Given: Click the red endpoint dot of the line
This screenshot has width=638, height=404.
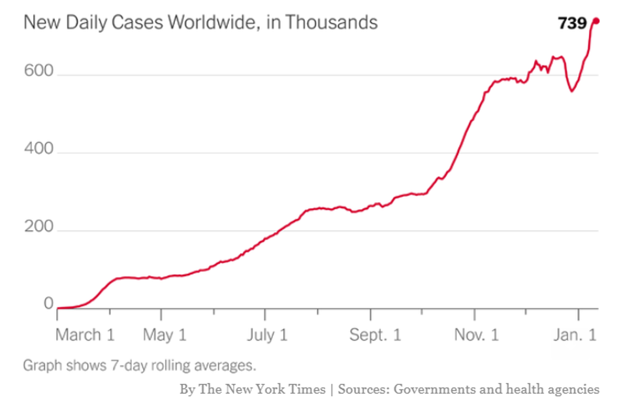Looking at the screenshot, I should point(596,21).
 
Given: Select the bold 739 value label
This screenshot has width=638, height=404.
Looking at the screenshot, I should point(572,24).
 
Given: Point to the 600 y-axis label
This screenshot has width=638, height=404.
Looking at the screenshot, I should point(38,75).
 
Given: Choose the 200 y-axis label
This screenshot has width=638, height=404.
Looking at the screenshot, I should point(38,230).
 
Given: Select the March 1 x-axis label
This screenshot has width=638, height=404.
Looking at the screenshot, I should point(85,335).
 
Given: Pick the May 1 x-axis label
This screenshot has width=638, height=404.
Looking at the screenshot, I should point(165,335).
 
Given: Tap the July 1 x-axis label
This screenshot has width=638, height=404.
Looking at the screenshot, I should point(267,335).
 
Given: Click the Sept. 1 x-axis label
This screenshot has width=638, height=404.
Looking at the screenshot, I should point(375,335).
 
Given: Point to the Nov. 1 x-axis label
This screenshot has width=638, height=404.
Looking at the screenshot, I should point(476,335).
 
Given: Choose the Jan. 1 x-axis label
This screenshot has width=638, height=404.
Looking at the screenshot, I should point(575,335).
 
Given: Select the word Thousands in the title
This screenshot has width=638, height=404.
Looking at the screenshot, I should point(331,22).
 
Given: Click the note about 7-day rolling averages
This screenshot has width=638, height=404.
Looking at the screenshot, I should point(139,365).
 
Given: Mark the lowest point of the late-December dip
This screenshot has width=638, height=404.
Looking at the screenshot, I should point(571,91).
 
